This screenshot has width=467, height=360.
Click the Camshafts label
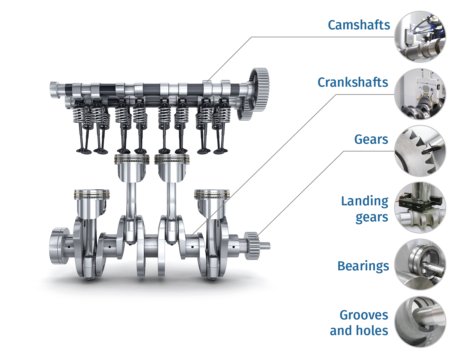(x=359, y=25)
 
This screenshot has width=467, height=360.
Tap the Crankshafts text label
(x=353, y=82)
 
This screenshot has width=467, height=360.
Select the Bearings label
(x=363, y=266)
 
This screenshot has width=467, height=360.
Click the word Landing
(x=365, y=202)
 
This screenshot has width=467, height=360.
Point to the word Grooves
(x=364, y=315)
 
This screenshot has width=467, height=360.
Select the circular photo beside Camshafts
(x=420, y=37)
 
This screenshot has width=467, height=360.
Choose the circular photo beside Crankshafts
(x=420, y=94)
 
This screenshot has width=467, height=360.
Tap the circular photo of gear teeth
(x=420, y=151)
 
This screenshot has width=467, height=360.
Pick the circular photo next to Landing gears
(x=420, y=207)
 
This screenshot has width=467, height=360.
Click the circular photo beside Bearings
(x=420, y=264)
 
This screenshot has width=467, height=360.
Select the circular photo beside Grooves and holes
(x=420, y=322)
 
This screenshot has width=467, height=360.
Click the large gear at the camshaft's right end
(x=259, y=90)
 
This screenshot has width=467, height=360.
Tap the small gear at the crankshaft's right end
(x=252, y=246)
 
